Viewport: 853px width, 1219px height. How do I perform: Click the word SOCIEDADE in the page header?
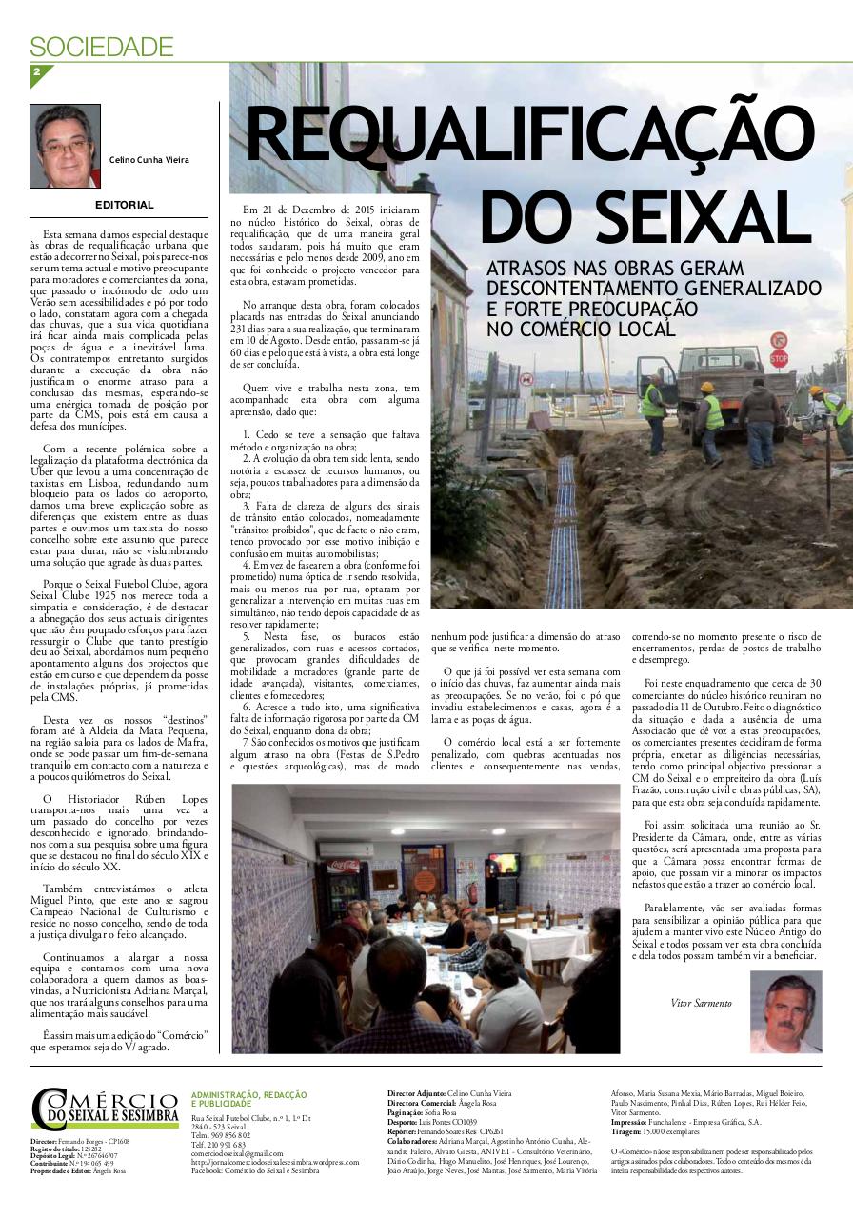click(x=102, y=46)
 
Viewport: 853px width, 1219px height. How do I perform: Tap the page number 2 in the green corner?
click(x=37, y=73)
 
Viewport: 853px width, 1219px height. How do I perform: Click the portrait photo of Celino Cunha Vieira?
click(x=66, y=146)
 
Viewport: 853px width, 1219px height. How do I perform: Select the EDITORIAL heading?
click(x=124, y=205)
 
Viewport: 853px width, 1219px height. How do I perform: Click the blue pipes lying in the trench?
click(x=565, y=533)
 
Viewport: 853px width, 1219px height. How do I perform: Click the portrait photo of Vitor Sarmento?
click(x=785, y=1011)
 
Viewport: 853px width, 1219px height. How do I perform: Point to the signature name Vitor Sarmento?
click(x=702, y=1003)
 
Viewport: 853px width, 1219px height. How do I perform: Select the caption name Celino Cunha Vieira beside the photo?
click(x=149, y=160)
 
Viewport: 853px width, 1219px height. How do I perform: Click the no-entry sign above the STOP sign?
click(x=778, y=339)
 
